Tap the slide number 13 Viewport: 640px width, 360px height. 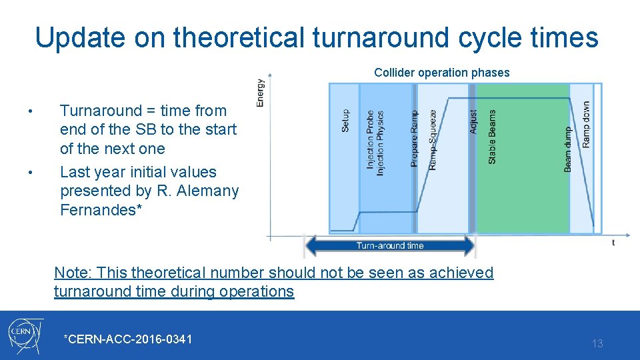pos(597,343)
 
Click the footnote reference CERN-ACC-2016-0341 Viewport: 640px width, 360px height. pos(127,339)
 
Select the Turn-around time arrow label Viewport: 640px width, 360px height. pos(390,245)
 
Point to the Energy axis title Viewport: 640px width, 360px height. pos(260,93)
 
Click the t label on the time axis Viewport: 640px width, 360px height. pos(613,243)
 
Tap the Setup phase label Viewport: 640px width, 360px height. pos(345,121)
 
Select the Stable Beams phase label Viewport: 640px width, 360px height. pos(492,137)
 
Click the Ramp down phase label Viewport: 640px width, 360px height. pos(585,125)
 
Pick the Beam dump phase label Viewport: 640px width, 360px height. pos(568,149)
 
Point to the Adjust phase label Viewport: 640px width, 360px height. pos(473,121)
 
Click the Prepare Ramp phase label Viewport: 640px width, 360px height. pos(414,139)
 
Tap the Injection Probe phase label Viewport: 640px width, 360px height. pos(371,139)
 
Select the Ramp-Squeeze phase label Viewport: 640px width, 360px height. pos(433,139)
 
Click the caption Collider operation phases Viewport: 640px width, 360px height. pos(441,73)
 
